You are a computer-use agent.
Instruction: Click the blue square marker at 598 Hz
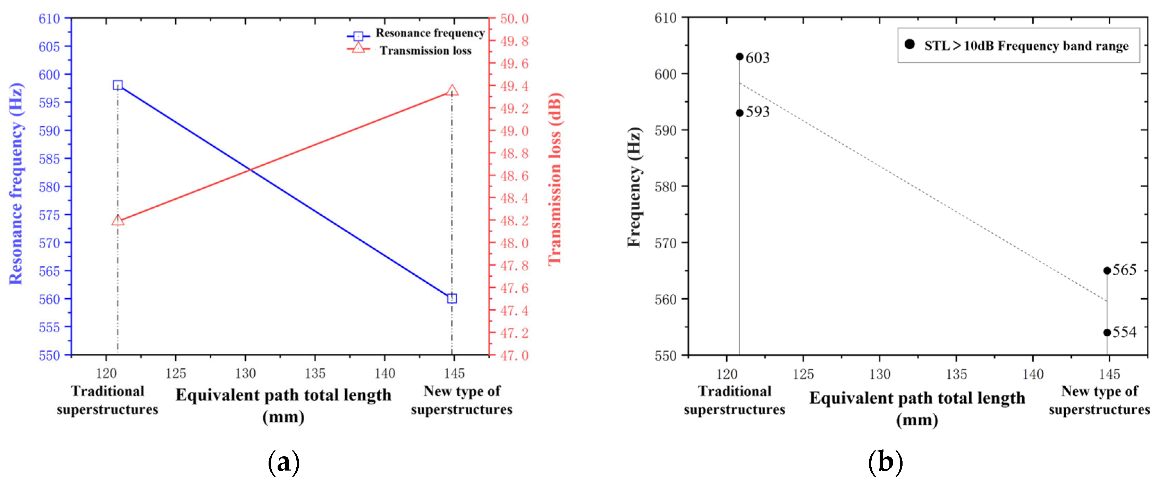click(x=118, y=85)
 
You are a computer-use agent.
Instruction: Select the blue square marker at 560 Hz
click(x=452, y=298)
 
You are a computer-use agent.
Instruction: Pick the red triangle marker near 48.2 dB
click(x=118, y=220)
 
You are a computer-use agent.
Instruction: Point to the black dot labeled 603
click(x=739, y=57)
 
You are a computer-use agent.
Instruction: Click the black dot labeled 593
click(x=739, y=113)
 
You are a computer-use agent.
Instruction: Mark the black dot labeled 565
click(x=1107, y=270)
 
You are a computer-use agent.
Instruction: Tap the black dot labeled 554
click(x=1107, y=332)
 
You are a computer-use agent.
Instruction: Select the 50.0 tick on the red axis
click(x=514, y=19)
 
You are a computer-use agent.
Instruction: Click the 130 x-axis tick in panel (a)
click(x=245, y=373)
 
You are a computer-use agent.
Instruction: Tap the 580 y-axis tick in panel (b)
click(x=666, y=187)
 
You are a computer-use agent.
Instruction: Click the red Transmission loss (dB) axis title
click(x=555, y=179)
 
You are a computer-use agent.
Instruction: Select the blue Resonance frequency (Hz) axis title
click(x=16, y=183)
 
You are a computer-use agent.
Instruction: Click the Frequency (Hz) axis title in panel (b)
click(x=634, y=187)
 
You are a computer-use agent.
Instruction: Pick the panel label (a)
click(x=284, y=462)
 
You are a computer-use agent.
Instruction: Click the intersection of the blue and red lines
click(x=250, y=170)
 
